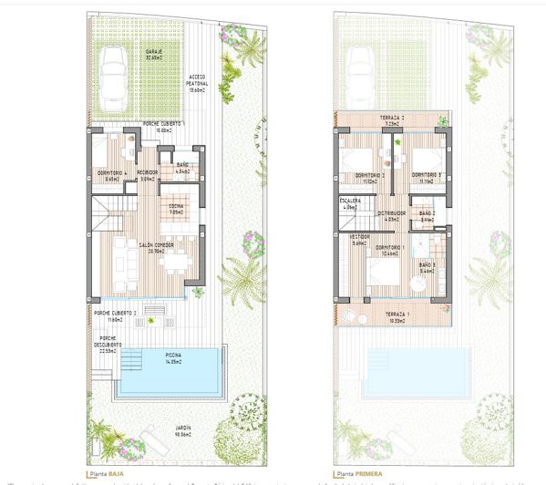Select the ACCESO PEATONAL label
point(196,79)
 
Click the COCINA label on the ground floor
point(173,208)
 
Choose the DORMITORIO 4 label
point(111,173)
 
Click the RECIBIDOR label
point(147,173)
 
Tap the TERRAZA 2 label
point(391,119)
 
